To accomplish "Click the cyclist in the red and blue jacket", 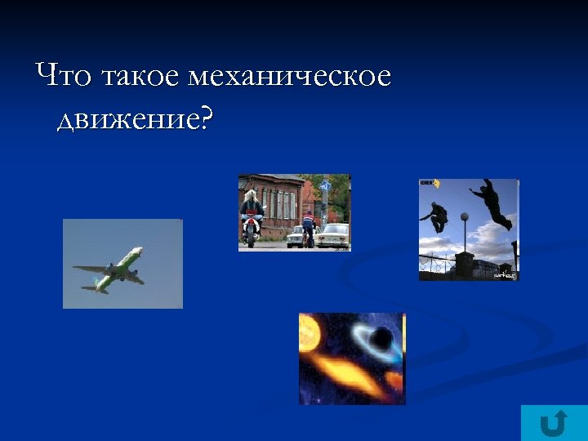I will (x=308, y=227).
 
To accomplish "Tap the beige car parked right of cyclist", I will (x=333, y=235).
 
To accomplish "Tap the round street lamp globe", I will (x=464, y=218).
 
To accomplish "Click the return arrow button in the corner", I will (x=554, y=422).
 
